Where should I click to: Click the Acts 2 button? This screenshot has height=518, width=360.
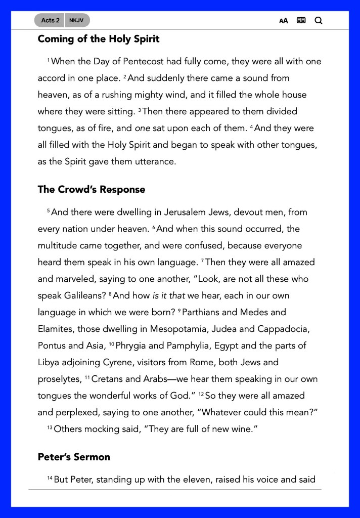pyautogui.click(x=50, y=20)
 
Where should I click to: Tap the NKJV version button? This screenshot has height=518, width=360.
pyautogui.click(x=77, y=20)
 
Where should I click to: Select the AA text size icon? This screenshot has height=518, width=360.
pyautogui.click(x=284, y=21)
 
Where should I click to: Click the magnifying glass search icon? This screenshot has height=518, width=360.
pyautogui.click(x=319, y=21)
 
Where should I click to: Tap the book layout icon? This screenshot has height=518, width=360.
pyautogui.click(x=301, y=21)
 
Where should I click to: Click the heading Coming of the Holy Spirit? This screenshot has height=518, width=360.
pyautogui.click(x=99, y=39)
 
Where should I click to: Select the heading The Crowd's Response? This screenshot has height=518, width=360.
pyautogui.click(x=92, y=190)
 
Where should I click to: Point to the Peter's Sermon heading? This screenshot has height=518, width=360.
pyautogui.click(x=74, y=457)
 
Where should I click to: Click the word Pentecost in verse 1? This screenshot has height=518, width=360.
pyautogui.click(x=139, y=62)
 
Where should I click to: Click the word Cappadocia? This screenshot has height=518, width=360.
pyautogui.click(x=284, y=329)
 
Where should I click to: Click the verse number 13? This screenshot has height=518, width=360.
pyautogui.click(x=50, y=428)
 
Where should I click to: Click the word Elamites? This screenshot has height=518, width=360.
pyautogui.click(x=56, y=329)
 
